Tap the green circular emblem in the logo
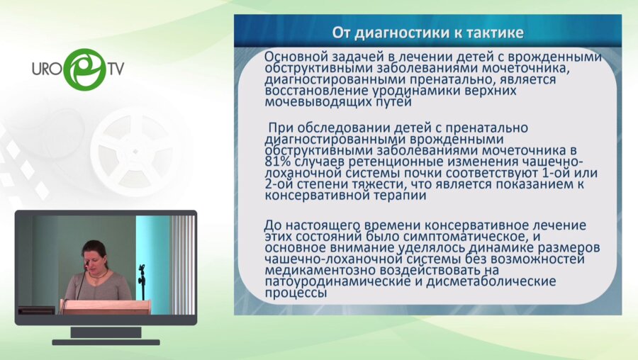pos(84,69)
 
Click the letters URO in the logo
pos(47,69)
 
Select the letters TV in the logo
pos(116,69)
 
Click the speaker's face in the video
pos(95,257)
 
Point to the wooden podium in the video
pos(106,306)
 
